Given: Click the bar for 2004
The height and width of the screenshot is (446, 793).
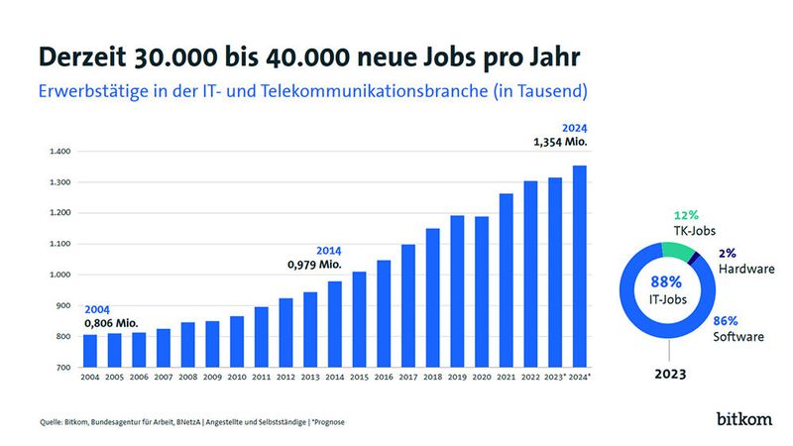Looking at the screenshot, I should (90, 351).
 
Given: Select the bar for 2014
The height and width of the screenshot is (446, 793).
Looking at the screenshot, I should (335, 324).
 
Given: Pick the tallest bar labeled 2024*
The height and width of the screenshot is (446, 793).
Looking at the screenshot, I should (579, 266).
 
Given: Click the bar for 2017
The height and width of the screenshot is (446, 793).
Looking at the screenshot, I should (408, 305).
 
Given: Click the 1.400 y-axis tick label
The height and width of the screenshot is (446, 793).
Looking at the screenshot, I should (57, 152).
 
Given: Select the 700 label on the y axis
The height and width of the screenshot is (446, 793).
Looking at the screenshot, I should (61, 368).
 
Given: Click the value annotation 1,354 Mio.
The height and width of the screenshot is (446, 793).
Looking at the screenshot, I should (560, 144).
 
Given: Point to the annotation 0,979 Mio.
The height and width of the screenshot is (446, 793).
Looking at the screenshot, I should (314, 266).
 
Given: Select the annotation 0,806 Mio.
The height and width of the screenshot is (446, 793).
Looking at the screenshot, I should (110, 322).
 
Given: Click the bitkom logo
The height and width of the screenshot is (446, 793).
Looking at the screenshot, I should (744, 419).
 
